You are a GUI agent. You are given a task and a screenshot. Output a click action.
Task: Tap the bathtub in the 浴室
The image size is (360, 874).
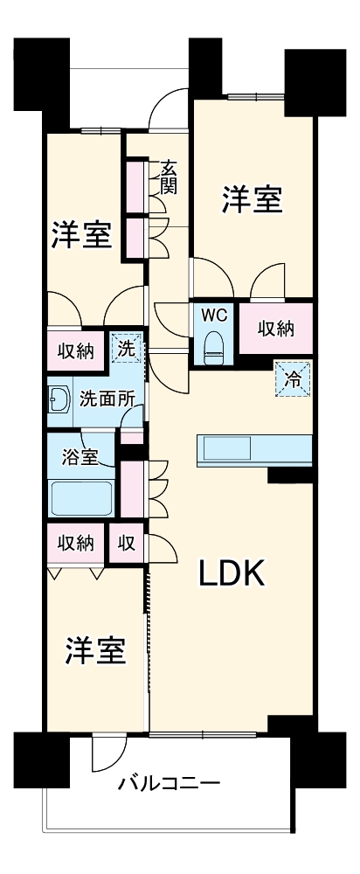point(82,497)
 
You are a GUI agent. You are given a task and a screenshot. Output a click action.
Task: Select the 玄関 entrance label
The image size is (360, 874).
point(169,177)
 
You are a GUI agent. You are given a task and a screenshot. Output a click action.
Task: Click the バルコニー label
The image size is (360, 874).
point(170,782)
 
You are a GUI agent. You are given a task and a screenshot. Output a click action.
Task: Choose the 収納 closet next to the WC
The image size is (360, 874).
point(275,329)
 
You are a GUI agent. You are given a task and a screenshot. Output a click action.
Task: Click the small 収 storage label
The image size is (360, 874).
point(126,543)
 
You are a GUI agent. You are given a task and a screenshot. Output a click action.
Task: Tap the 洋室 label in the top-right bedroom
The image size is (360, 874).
point(252,200)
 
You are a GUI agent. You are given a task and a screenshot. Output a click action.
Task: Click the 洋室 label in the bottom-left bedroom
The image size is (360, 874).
point(95,651)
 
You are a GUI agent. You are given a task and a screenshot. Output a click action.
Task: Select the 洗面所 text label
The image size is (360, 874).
point(107,399)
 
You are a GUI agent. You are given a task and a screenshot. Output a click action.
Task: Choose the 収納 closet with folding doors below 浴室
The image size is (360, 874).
point(75,543)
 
